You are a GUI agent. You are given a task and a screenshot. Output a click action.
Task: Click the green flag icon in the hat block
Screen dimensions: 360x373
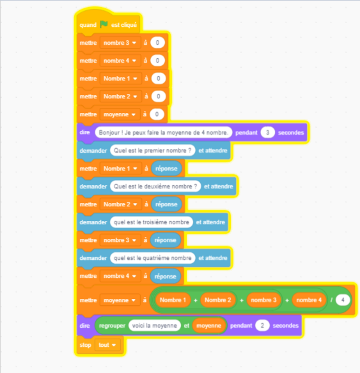[x=104, y=24]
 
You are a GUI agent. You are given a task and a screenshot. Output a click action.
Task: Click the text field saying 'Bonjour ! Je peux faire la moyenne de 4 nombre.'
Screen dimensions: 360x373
[x=163, y=132]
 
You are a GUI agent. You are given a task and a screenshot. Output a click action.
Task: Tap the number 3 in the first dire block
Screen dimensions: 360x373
[x=268, y=132]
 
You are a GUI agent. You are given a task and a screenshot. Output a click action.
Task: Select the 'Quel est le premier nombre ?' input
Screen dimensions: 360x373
[x=153, y=151]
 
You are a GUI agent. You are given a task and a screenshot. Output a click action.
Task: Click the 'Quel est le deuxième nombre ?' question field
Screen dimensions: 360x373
[x=155, y=187]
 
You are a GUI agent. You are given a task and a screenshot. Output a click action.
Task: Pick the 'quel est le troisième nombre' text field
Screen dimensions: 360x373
[x=152, y=222]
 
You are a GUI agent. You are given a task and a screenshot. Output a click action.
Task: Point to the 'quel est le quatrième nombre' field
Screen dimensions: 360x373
[x=153, y=258]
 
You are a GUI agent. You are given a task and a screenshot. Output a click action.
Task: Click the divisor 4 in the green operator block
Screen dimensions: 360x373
[x=343, y=300]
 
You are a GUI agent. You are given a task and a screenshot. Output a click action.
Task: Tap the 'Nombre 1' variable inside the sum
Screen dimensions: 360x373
[x=173, y=300]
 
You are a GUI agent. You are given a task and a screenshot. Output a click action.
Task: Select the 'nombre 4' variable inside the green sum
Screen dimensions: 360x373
[x=309, y=300]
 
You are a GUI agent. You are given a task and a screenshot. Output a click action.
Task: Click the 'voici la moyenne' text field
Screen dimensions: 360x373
[x=155, y=326]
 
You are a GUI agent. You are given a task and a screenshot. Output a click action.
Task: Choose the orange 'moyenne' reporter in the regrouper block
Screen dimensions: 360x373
[x=209, y=326]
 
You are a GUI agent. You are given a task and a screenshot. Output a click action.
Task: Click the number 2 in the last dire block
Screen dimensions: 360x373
[x=262, y=326]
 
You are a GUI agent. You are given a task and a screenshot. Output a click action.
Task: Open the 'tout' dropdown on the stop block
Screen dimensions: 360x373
[x=107, y=345]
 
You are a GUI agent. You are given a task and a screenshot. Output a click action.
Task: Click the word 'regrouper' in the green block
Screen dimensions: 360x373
[x=112, y=326]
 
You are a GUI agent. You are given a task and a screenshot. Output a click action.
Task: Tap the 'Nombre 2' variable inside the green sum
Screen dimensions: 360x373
[x=218, y=300]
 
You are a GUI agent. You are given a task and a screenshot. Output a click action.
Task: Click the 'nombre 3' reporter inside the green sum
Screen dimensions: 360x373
[x=264, y=300]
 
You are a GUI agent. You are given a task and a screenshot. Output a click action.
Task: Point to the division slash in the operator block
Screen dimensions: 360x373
[x=331, y=300]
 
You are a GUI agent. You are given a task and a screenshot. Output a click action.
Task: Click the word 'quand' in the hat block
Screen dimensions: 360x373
[x=88, y=25]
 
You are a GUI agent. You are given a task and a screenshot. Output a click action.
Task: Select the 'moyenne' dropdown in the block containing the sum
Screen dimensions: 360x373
[x=120, y=300]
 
